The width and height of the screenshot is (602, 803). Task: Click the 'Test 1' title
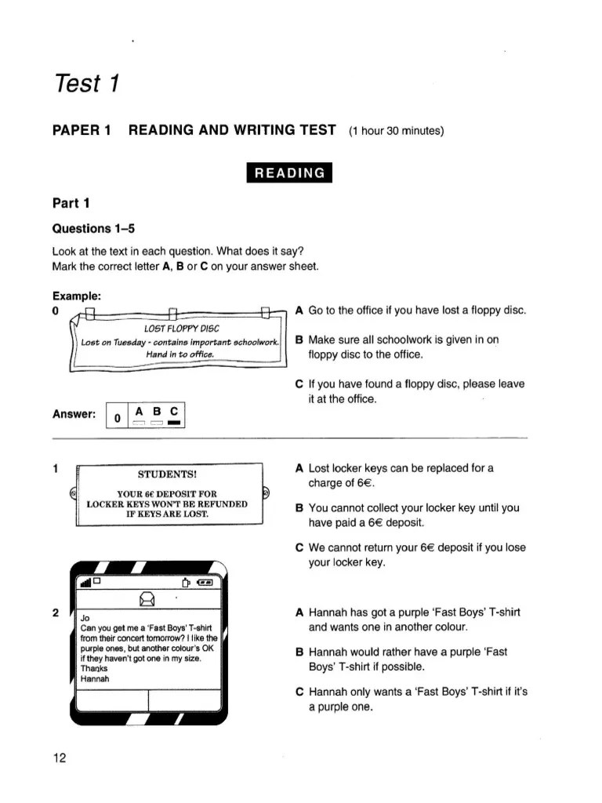pyautogui.click(x=85, y=82)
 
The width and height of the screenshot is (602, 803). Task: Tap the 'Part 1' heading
pyautogui.click(x=71, y=204)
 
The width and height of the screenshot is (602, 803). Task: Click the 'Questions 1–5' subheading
pyautogui.click(x=93, y=229)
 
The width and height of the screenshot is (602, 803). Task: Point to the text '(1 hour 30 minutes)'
pyautogui.click(x=397, y=131)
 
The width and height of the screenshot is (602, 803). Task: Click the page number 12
pyautogui.click(x=60, y=758)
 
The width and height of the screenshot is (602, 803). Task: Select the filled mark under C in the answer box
pyautogui.click(x=174, y=423)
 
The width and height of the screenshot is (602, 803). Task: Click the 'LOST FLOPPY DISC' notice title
pyautogui.click(x=182, y=328)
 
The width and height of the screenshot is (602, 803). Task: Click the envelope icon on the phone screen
pyautogui.click(x=147, y=600)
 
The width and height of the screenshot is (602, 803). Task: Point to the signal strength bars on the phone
pyautogui.click(x=84, y=582)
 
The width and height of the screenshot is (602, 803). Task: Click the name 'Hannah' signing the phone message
pyautogui.click(x=96, y=679)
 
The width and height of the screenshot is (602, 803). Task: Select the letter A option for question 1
pyautogui.click(x=299, y=468)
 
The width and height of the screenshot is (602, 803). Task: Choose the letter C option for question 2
pyautogui.click(x=299, y=692)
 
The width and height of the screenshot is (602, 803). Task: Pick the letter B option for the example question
pyautogui.click(x=299, y=340)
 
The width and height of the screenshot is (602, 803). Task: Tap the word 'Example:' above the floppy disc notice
pyautogui.click(x=76, y=296)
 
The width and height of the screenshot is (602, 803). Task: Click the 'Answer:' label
pyautogui.click(x=74, y=414)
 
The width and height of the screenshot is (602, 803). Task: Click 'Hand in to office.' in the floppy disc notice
pyautogui.click(x=180, y=354)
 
